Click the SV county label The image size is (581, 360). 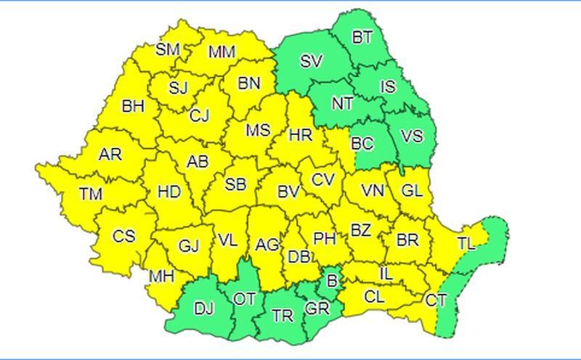[311, 62]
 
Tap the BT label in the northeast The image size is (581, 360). [362, 38]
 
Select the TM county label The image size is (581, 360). [92, 194]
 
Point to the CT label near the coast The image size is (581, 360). [436, 300]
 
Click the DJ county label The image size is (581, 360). [204, 308]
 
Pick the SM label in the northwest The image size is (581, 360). [168, 49]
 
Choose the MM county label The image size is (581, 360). [222, 52]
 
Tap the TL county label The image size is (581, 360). [466, 244]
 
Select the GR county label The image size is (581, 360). [317, 309]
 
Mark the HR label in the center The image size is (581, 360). [300, 135]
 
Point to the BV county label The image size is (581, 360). [288, 192]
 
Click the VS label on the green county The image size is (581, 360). [412, 136]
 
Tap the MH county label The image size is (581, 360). [161, 277]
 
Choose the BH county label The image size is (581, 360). [133, 107]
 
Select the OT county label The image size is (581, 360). [245, 298]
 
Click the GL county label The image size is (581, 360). [412, 191]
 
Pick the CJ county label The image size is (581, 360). [199, 116]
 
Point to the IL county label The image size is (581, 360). [386, 274]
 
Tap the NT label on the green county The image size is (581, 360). [342, 103]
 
